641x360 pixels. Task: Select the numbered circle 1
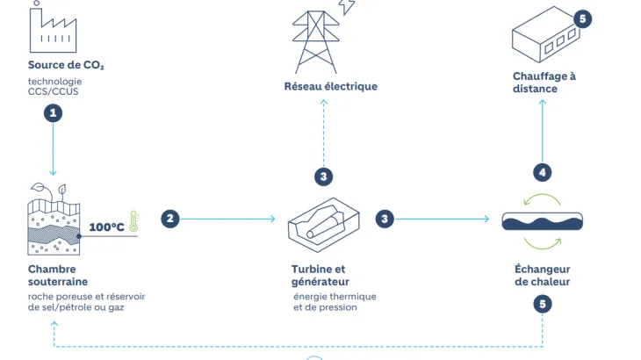(54, 112)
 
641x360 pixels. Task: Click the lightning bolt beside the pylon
(349, 7)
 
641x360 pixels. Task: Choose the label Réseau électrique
(330, 86)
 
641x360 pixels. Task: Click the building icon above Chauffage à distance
(544, 40)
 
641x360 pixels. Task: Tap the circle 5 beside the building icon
(583, 18)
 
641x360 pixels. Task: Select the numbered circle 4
(543, 172)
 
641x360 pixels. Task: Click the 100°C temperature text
(106, 227)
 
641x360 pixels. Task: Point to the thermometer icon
(134, 220)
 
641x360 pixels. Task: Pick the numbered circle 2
(170, 219)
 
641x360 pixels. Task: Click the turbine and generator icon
(323, 223)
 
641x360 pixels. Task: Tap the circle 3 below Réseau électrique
(324, 176)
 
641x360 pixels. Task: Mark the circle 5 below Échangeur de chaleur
(543, 305)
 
